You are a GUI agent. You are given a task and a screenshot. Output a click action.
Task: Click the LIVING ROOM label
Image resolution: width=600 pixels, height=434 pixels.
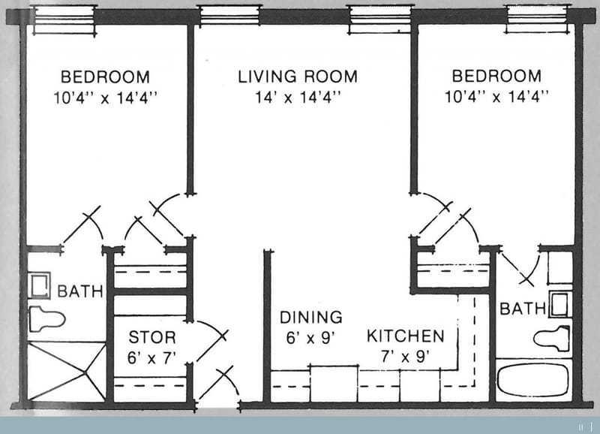(x=298, y=77)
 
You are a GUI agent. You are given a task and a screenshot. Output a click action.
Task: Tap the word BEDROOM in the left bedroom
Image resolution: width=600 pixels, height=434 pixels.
(x=105, y=77)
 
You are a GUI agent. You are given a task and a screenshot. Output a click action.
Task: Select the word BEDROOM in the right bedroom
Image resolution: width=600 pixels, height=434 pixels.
(x=496, y=77)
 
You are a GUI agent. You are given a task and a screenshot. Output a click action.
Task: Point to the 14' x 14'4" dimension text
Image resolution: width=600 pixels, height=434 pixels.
(x=298, y=96)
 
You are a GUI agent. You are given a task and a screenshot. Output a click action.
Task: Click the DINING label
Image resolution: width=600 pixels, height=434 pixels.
(x=310, y=317)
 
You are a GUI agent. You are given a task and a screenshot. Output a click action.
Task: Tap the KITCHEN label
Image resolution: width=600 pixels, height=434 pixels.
(x=405, y=336)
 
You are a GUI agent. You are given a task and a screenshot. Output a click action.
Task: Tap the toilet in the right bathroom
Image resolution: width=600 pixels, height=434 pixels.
(x=552, y=339)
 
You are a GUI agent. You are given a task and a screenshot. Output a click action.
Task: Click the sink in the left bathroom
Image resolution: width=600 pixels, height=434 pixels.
(x=38, y=285)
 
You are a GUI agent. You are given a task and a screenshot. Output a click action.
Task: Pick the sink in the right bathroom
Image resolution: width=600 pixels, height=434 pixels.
(x=559, y=304)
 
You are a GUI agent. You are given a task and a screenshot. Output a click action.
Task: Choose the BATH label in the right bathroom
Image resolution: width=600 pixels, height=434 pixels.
(x=523, y=308)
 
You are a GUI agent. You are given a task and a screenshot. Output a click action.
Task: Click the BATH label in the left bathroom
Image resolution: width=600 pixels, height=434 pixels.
(x=80, y=291)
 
